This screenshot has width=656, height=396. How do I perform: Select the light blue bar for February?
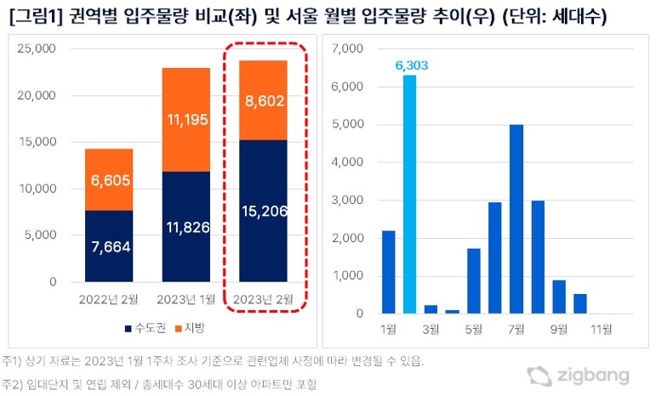click(x=409, y=195)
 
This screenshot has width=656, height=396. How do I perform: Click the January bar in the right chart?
click(x=388, y=272)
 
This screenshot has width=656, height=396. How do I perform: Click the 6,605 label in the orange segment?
click(x=109, y=179)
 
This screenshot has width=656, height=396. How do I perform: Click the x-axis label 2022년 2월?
click(x=109, y=298)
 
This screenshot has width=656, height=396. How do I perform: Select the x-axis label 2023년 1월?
click(x=185, y=298)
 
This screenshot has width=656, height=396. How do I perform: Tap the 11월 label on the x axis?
click(x=602, y=327)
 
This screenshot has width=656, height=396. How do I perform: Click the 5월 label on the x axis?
click(x=473, y=327)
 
